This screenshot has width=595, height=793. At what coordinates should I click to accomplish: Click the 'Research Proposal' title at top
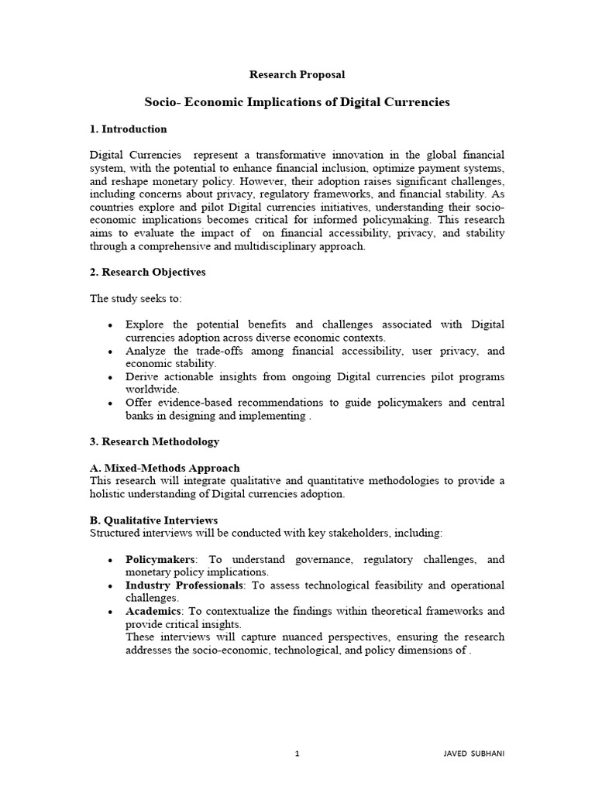tap(297, 74)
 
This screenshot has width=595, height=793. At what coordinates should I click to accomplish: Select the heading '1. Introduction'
tap(129, 129)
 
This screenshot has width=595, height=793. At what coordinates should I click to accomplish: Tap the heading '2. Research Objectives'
tap(148, 273)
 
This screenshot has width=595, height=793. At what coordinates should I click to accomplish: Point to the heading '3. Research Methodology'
tap(155, 441)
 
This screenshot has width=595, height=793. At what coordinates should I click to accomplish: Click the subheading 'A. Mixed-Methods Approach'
tap(165, 468)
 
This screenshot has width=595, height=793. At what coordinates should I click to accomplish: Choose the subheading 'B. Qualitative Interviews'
tap(154, 520)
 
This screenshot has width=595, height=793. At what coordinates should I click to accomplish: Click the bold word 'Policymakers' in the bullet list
tap(160, 559)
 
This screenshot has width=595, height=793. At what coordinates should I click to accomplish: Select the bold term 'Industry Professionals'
tap(184, 585)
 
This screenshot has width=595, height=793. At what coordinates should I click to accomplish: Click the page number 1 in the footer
tap(297, 752)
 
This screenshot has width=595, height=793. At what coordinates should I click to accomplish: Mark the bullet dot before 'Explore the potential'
tap(112, 325)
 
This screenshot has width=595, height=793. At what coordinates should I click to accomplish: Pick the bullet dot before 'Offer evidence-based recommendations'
tap(112, 403)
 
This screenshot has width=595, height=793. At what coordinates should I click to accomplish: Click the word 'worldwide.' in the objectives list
tap(153, 390)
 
